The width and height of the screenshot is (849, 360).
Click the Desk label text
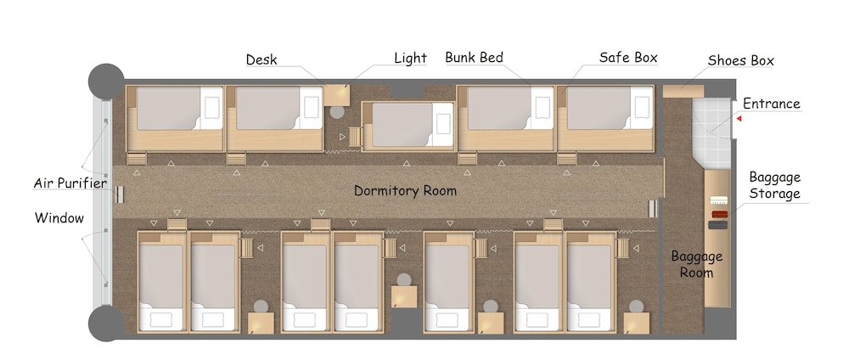tap(261, 59)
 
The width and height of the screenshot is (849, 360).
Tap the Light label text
tap(410, 59)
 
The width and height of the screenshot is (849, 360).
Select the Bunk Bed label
tap(475, 58)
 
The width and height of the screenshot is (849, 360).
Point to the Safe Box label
tap(628, 58)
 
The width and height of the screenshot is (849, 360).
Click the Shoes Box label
tap(740, 60)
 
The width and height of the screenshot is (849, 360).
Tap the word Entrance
tap(771, 104)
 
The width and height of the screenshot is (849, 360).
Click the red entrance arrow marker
tap(739, 118)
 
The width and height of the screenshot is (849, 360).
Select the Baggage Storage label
tap(774, 185)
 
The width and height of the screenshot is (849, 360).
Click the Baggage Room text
tap(697, 264)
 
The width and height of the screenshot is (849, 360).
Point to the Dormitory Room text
tap(405, 190)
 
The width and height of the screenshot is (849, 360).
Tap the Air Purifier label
tap(70, 183)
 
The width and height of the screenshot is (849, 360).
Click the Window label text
tap(59, 218)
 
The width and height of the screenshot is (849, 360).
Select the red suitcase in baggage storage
tap(720, 214)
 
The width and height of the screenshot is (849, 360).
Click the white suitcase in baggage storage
tap(718, 200)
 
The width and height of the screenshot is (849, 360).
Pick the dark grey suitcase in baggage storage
tap(718, 225)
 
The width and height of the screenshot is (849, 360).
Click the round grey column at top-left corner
tap(106, 82)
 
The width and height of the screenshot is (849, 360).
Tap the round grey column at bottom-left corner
tap(106, 323)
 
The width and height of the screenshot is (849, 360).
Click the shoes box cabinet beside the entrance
tap(683, 91)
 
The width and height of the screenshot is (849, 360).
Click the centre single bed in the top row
tap(408, 126)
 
